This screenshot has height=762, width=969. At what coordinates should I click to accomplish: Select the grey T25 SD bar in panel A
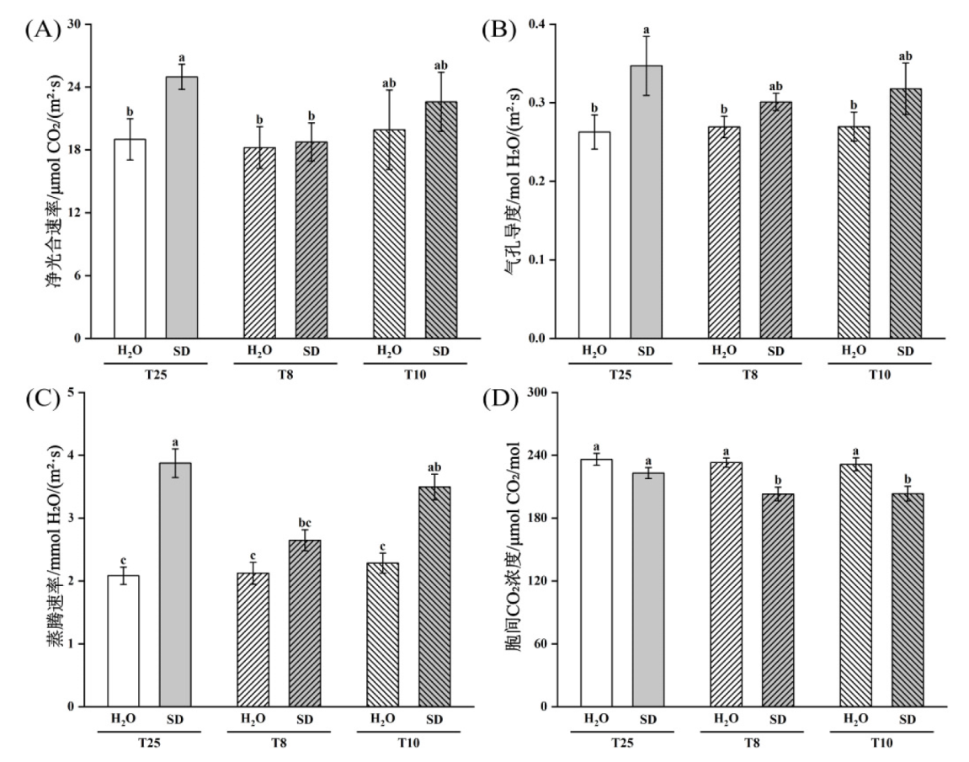pyautogui.click(x=181, y=207)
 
